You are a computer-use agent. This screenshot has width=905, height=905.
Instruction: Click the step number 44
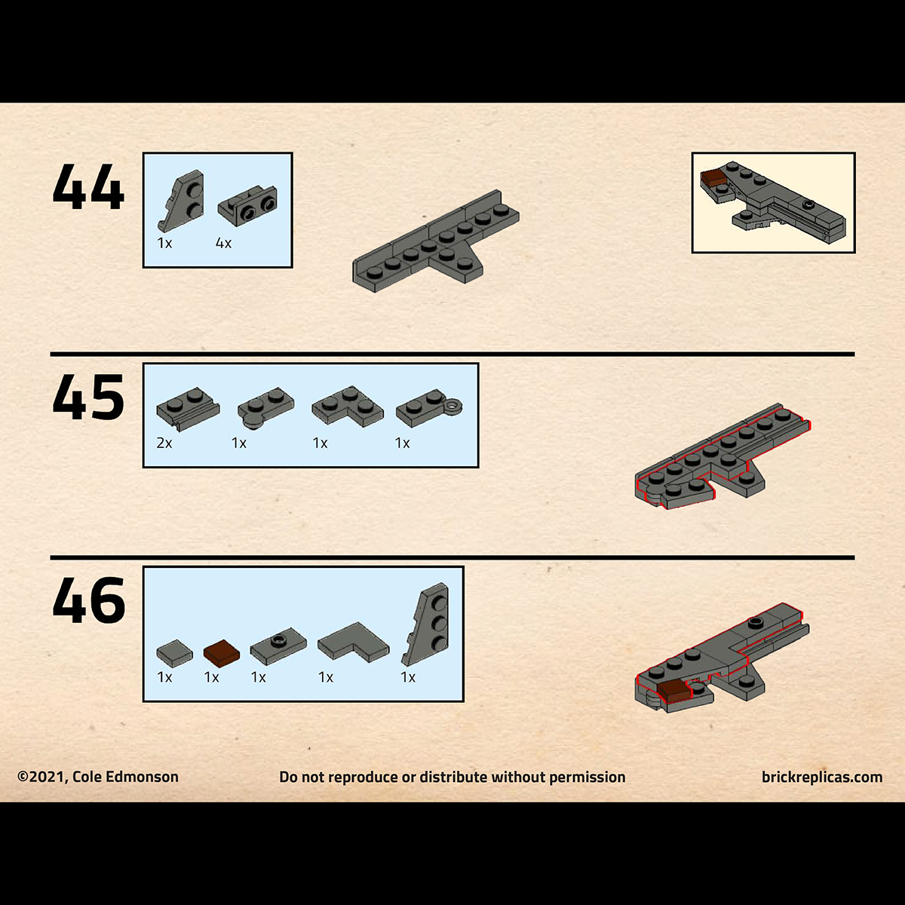[x=88, y=187]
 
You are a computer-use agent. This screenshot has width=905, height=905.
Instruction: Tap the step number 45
[x=88, y=397]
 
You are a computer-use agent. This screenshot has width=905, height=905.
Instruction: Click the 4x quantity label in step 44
[x=223, y=243]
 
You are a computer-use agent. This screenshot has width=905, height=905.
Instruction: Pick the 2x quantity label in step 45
[x=164, y=443]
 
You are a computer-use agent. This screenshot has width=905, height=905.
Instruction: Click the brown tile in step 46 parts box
[x=222, y=652]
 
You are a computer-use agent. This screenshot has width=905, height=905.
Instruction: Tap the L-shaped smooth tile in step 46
[x=353, y=642]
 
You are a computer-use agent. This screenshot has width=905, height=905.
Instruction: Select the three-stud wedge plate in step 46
[x=428, y=624]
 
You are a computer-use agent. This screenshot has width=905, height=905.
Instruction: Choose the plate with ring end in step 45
[x=429, y=408]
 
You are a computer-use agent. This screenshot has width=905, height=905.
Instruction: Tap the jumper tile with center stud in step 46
[x=278, y=646]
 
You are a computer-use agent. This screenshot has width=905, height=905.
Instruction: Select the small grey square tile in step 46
[x=174, y=652]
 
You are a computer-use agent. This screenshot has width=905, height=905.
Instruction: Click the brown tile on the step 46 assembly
[x=675, y=692]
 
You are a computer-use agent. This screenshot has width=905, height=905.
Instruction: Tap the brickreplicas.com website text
[x=822, y=777]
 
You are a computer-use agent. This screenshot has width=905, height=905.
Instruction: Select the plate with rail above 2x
[x=188, y=410]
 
